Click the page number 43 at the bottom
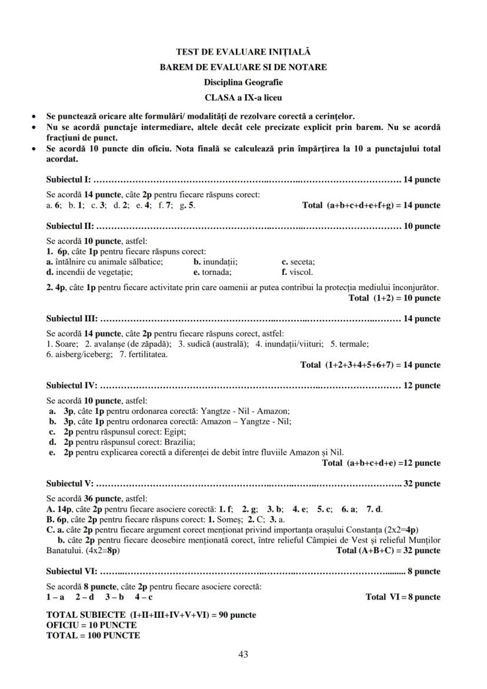pos(243,654)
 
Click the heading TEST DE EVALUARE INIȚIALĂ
pos(243,52)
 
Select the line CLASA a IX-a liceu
pos(243,96)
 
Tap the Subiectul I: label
pos(68,179)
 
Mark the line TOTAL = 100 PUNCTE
pos(93,635)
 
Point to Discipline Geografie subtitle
pos(243,82)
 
